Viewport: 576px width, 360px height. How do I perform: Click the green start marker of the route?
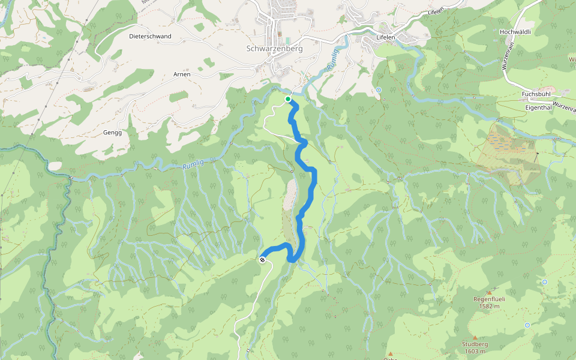(288, 99)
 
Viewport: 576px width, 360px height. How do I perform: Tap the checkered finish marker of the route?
(263, 260)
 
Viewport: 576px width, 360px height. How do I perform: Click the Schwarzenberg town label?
(274, 49)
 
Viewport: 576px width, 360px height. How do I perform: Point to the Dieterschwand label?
(150, 36)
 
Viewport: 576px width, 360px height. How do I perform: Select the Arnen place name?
(182, 74)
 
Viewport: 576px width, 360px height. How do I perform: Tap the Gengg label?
(112, 133)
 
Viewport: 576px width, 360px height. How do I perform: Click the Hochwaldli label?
(515, 31)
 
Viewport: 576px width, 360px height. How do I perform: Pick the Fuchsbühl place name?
(536, 94)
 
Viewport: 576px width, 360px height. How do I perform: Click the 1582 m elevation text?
(490, 306)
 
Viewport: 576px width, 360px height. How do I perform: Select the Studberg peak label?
(475, 344)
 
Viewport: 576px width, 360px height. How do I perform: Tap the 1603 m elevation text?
(475, 352)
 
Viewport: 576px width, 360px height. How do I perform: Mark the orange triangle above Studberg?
(475, 337)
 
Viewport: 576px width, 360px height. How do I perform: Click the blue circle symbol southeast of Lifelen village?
(379, 90)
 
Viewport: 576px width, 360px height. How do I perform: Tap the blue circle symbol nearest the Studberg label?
(527, 325)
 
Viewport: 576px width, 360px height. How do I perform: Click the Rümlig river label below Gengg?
(193, 166)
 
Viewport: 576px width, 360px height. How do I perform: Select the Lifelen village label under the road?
(385, 37)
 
